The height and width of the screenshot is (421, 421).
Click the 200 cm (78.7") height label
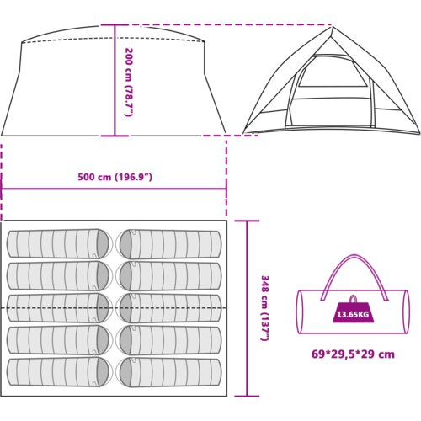point(129,82)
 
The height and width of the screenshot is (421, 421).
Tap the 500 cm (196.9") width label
point(115,178)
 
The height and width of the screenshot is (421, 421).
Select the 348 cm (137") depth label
point(265,308)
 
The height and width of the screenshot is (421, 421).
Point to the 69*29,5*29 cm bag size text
point(353,354)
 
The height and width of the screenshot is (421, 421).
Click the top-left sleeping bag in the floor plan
point(58,243)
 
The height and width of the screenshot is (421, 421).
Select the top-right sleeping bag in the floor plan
point(170,244)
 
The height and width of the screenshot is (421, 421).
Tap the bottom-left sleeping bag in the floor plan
point(58,372)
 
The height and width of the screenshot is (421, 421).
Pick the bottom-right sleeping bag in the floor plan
point(170,372)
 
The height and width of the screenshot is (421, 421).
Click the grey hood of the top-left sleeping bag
point(103,243)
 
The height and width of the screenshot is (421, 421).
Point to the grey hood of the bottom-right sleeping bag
point(125,372)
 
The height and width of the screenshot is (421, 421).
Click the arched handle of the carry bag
point(354,255)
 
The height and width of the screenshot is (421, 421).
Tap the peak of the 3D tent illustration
point(333,27)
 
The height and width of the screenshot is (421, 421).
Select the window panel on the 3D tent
point(333,72)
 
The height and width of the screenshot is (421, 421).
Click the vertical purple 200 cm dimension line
point(115,81)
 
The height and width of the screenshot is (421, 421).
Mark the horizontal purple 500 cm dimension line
point(114,189)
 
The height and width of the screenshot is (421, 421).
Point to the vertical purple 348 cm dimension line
point(247,308)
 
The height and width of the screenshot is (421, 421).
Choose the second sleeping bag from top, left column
point(58,276)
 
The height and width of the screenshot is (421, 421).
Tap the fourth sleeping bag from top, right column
point(170,340)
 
